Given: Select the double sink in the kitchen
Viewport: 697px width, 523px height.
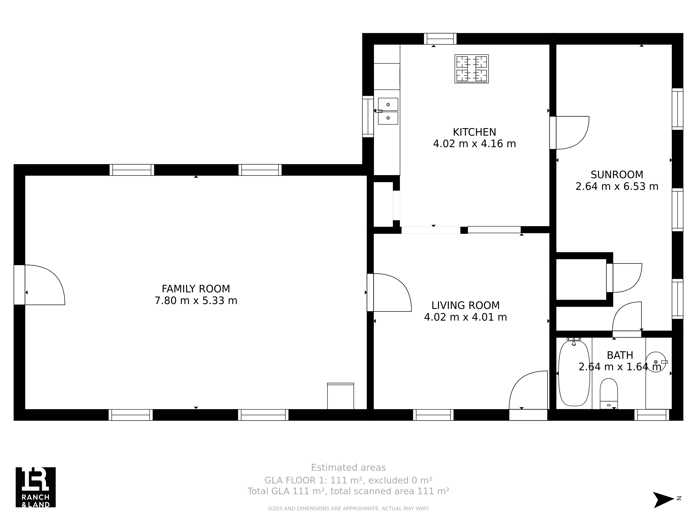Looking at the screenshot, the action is tap(388, 111).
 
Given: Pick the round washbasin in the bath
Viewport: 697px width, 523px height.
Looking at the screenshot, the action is tap(656, 362).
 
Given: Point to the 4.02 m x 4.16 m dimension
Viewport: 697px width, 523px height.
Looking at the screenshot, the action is tap(474, 144).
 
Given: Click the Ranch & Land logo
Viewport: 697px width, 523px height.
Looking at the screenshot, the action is tap(36, 487).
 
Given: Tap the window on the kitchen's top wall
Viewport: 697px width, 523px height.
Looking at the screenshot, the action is tap(440, 39).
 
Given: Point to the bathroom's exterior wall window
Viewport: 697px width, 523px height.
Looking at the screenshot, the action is tap(652, 415).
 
